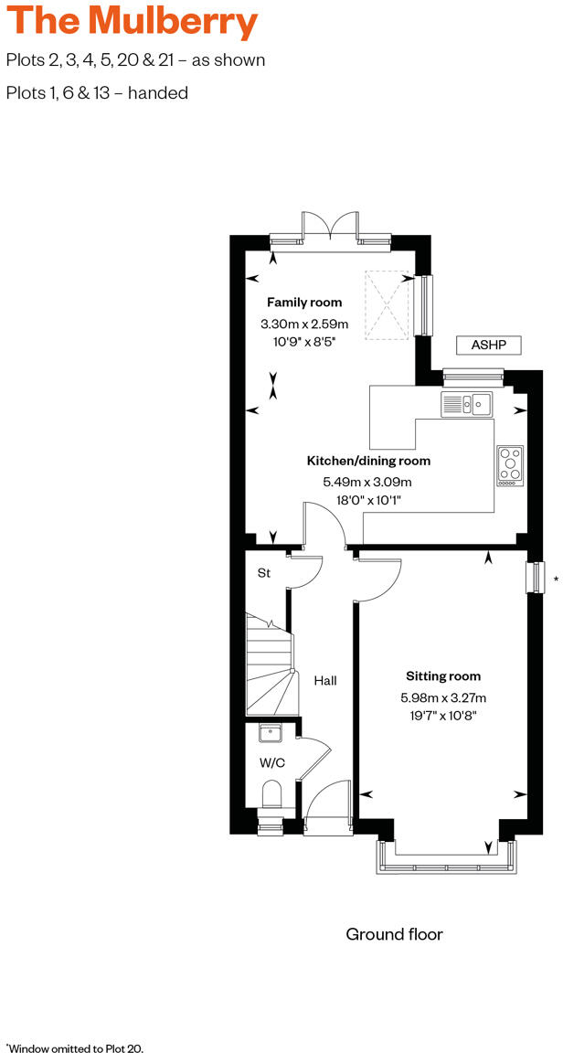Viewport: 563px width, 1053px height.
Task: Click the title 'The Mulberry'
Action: (132, 22)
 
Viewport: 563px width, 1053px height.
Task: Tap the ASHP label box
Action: (488, 345)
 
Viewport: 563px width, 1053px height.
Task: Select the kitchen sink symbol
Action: (466, 402)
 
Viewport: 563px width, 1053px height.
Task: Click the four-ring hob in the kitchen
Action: (510, 463)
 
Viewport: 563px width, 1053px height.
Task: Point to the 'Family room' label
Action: (304, 303)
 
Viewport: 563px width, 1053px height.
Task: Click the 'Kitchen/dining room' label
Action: (368, 461)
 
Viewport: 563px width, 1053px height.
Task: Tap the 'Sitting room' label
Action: (443, 676)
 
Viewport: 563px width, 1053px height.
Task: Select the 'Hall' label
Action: (325, 681)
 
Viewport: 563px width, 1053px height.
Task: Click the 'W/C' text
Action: (272, 761)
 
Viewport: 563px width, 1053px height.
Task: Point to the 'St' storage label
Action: (263, 573)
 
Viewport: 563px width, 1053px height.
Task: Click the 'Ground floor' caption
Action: (394, 934)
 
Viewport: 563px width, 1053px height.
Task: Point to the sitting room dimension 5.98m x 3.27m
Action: (443, 698)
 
